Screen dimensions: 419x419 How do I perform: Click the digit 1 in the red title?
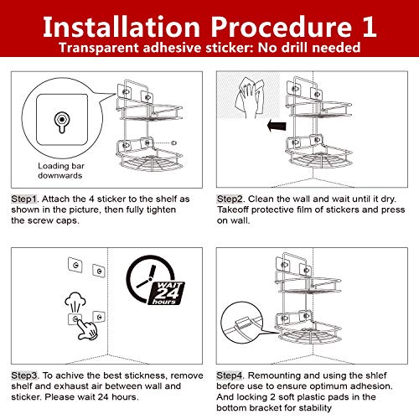pos(370,27)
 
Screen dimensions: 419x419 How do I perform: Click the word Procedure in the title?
pos(281,27)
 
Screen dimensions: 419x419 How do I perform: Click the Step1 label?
pos(24,199)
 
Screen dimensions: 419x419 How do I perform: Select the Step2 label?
pos(230,199)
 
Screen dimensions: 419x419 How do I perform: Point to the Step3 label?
pos(24,375)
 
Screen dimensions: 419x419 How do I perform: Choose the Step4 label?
pos(230,375)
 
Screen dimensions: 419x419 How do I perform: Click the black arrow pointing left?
pos(277,126)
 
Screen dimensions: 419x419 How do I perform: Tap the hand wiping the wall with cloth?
pos(250,98)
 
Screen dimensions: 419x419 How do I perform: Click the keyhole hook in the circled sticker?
pos(62,122)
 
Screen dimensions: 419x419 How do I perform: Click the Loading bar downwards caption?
pos(60,171)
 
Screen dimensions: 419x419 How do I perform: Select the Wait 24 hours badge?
pos(167,293)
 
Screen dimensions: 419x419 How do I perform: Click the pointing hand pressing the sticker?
pos(87,329)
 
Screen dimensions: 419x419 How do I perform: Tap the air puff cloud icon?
pos(75,303)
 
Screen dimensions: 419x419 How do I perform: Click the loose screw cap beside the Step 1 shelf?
pos(173,143)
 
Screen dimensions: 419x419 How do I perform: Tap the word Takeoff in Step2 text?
pos(233,209)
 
